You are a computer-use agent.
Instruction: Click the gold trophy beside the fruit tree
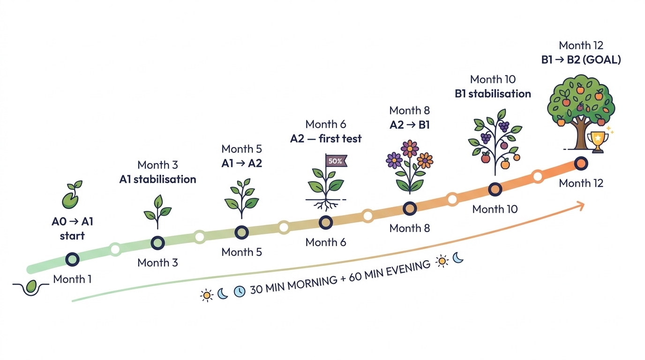point(598,140)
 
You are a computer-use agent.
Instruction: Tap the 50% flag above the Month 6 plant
point(336,161)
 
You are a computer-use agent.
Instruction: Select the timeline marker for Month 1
point(72,259)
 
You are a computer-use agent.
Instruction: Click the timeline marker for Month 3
point(158,243)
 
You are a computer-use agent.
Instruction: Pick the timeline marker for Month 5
point(241,232)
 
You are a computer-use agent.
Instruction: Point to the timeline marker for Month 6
point(326,222)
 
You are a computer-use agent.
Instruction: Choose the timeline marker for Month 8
point(410,208)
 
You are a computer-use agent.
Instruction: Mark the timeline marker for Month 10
point(495,189)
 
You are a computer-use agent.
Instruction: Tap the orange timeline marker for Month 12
point(581,164)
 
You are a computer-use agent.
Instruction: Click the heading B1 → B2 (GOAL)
point(581,60)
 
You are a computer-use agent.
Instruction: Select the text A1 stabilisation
point(157,180)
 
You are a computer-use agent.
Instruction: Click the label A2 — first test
point(326,139)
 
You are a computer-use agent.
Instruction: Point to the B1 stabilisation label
point(493,94)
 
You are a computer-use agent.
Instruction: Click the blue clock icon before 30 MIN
point(239,292)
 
